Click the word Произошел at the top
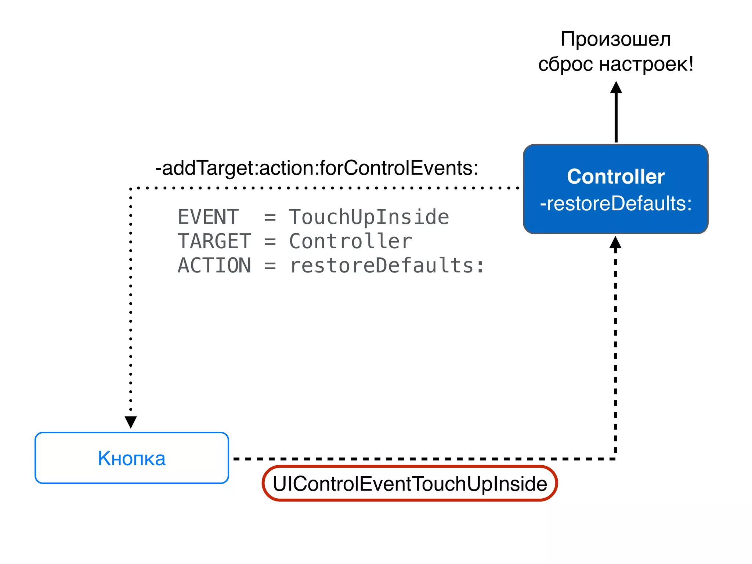(615, 39)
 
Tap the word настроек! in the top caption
(646, 64)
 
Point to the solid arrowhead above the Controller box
(616, 88)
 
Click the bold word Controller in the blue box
(615, 177)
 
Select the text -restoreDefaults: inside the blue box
(615, 204)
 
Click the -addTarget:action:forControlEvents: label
(317, 168)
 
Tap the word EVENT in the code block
(208, 217)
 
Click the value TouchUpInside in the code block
(369, 217)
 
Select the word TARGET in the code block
(214, 241)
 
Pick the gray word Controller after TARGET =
(350, 241)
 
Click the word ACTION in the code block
(214, 265)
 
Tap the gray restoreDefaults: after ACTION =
(387, 265)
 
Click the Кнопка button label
(131, 458)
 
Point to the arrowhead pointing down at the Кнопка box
(131, 422)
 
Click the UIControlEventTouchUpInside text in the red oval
(410, 484)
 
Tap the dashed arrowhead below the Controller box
(615, 243)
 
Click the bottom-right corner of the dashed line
(615, 459)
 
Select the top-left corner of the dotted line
(131, 188)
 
